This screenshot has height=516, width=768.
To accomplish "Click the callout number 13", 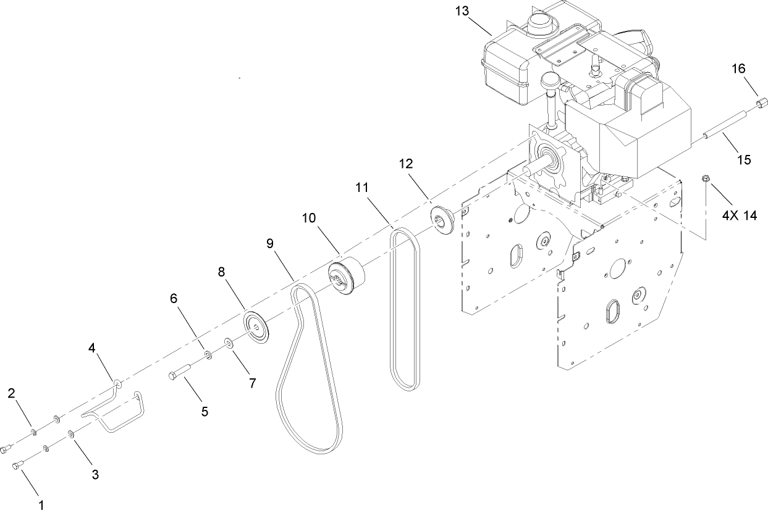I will coord(462,12).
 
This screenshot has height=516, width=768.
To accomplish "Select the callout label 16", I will coord(739,68).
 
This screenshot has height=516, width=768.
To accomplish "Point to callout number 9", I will coord(270,243).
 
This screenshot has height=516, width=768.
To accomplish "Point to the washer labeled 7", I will coord(229,342).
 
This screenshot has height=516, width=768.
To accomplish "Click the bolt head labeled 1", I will coord(17,466).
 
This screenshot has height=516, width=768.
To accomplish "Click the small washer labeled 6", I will coord(208,355).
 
